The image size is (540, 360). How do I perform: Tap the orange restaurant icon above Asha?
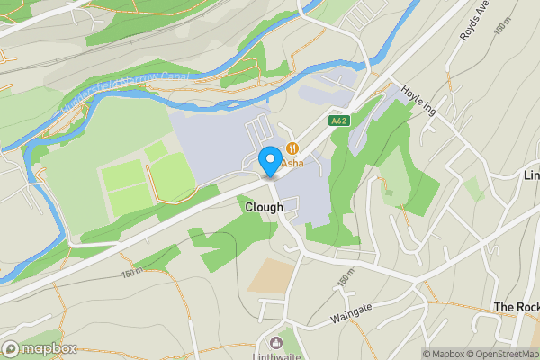[x=292, y=148]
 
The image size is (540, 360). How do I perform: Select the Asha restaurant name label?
[x=292, y=164]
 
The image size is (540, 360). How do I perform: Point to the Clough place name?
[x=264, y=207]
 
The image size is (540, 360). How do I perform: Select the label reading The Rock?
[x=516, y=307]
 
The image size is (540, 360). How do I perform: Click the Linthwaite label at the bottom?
[x=275, y=355]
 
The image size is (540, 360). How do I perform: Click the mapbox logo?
[x=39, y=348]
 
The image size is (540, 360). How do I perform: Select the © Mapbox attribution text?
[x=442, y=354]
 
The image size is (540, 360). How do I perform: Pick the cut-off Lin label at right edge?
[x=531, y=175]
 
